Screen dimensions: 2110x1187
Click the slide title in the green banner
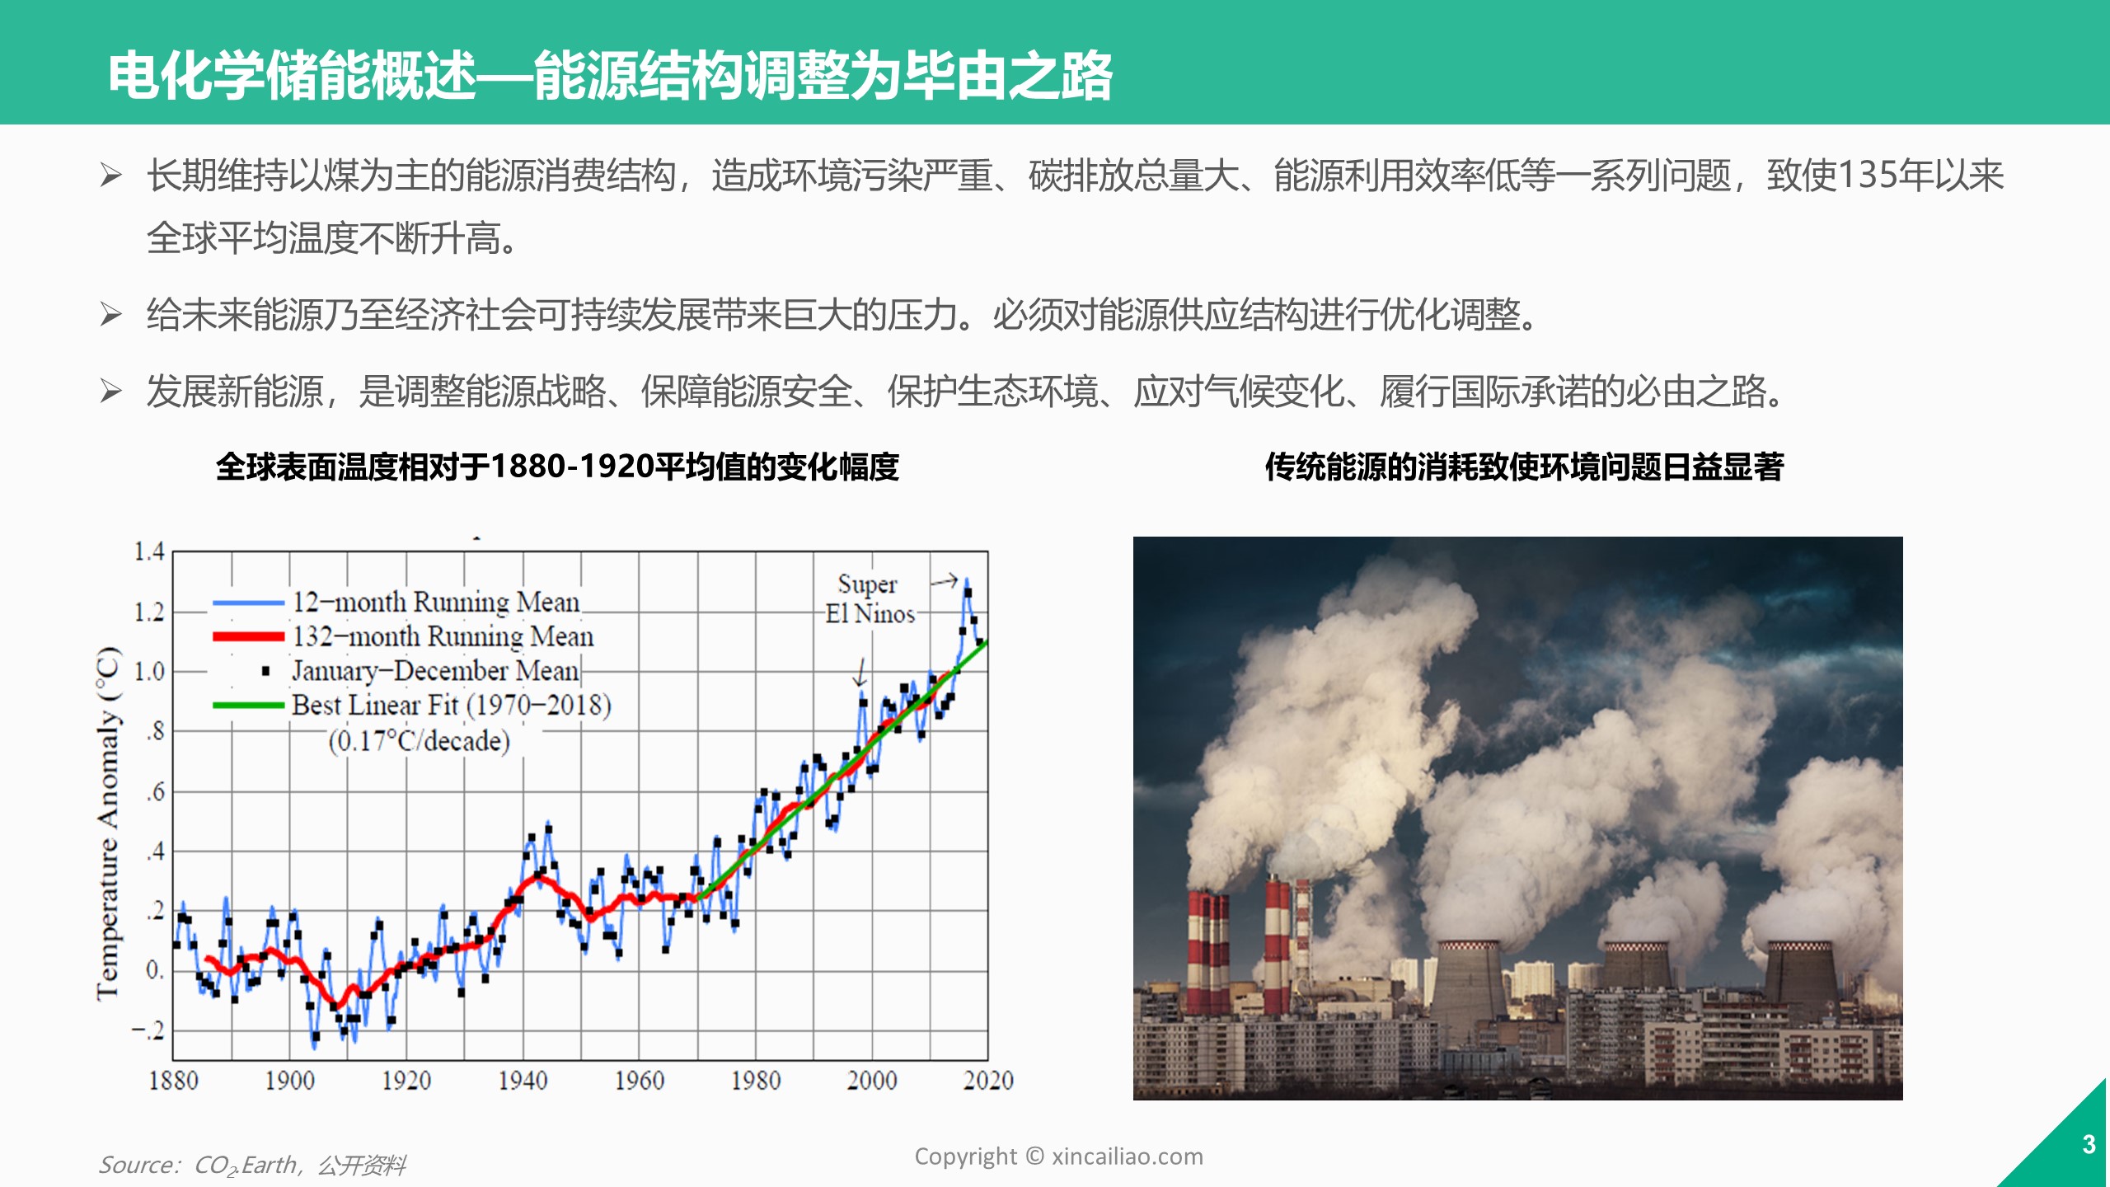[610, 76]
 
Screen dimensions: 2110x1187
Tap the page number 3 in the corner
[2089, 1144]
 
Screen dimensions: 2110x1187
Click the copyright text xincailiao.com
[1058, 1157]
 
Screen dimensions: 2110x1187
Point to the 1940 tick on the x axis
[523, 1080]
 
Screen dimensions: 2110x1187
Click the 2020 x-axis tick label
[988, 1080]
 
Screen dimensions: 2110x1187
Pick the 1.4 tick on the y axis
[149, 551]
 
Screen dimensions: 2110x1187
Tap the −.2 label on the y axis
[148, 1030]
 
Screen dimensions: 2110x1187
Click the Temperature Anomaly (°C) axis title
[109, 823]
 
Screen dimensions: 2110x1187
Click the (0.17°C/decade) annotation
[420, 741]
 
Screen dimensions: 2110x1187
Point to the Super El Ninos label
[870, 599]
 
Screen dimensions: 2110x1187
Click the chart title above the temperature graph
[557, 467]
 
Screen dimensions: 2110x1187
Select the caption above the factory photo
[1525, 467]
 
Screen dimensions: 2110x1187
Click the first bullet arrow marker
[111, 175]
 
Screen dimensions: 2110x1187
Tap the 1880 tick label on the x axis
[173, 1080]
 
